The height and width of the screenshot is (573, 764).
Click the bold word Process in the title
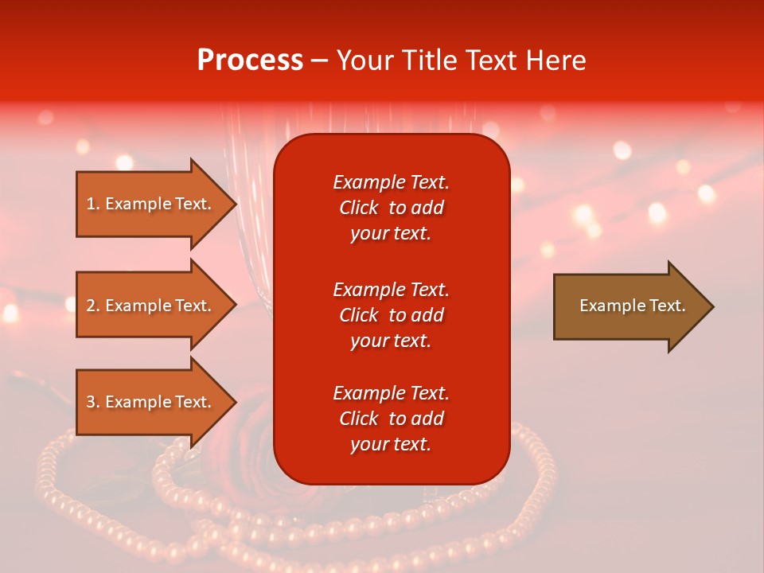click(250, 60)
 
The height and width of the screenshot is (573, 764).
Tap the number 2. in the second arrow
click(93, 306)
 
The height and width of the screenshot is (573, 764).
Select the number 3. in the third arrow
click(93, 402)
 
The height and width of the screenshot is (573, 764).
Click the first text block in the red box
click(391, 207)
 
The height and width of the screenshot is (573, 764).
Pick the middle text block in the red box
click(391, 314)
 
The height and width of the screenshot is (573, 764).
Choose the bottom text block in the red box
click(391, 419)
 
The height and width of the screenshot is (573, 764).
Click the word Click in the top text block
click(359, 208)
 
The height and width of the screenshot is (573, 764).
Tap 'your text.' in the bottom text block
click(391, 444)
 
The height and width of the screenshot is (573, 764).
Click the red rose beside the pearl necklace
click(255, 430)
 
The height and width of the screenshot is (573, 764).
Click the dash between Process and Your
click(319, 60)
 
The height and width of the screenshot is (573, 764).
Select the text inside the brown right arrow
click(632, 306)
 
